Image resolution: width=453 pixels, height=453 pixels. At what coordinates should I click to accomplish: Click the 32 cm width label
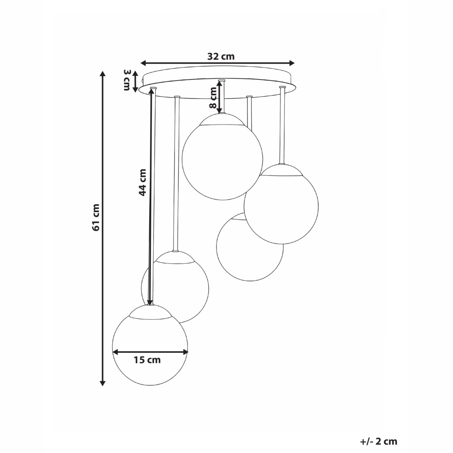pyautogui.click(x=221, y=57)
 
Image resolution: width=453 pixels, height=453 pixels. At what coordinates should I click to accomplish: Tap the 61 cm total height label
pyautogui.click(x=96, y=217)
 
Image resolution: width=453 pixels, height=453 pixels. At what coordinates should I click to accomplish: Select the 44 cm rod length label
pyautogui.click(x=142, y=182)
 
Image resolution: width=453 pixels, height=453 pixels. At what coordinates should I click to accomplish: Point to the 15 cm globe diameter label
pyautogui.click(x=147, y=361)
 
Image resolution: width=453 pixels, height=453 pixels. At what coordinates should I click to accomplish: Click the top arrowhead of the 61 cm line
pyautogui.click(x=103, y=74)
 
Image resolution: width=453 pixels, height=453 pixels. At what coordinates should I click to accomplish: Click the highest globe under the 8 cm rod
pyautogui.click(x=222, y=159)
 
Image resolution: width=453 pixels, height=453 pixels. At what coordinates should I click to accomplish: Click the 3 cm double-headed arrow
pyautogui.click(x=135, y=80)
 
